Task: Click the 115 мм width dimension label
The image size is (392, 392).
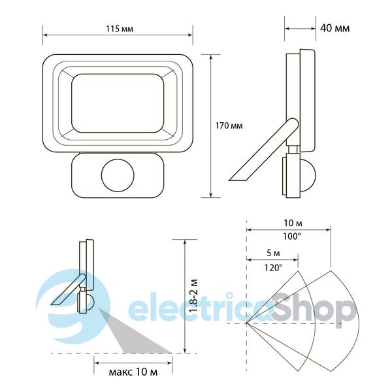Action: pyautogui.click(x=120, y=29)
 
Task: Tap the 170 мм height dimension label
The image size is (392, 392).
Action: pyautogui.click(x=229, y=125)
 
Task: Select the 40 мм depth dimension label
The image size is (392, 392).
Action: pyautogui.click(x=335, y=28)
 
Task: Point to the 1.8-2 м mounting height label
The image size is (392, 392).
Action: pyautogui.click(x=194, y=296)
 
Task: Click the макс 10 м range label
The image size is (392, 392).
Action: pyautogui.click(x=133, y=372)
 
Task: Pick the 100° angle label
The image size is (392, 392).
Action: pyautogui.click(x=292, y=237)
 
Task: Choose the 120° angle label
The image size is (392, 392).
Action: pyautogui.click(x=273, y=268)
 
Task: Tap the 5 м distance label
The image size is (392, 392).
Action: pyautogui.click(x=273, y=253)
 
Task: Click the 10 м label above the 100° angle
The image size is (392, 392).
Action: pyautogui.click(x=293, y=223)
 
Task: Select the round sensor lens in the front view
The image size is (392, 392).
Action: pyautogui.click(x=118, y=176)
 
